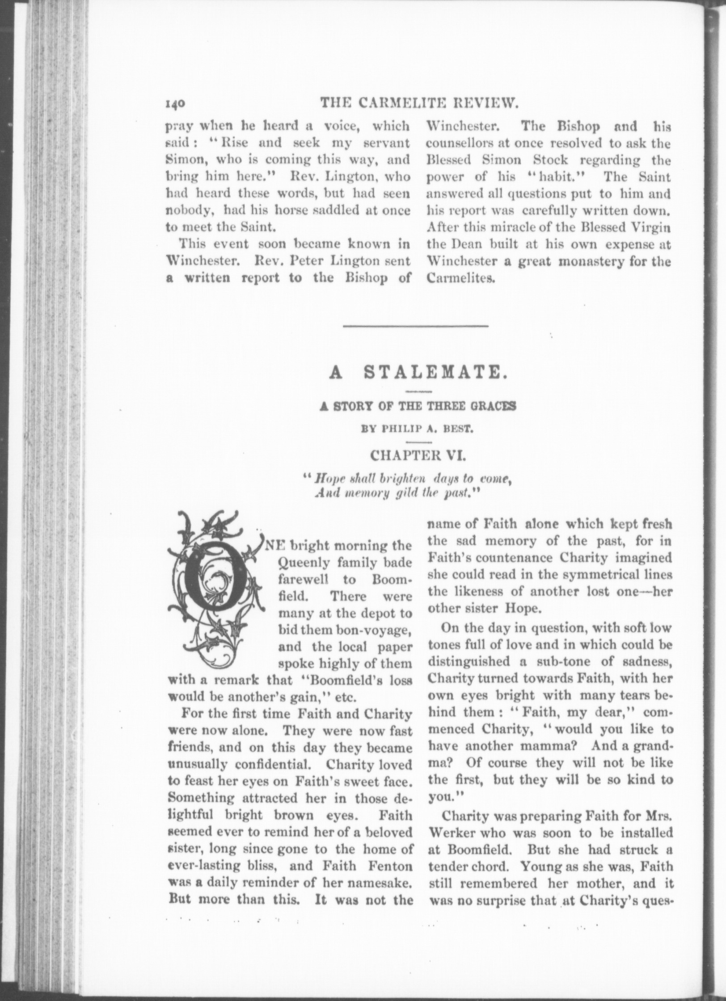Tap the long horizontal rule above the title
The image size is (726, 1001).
click(x=415, y=326)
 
